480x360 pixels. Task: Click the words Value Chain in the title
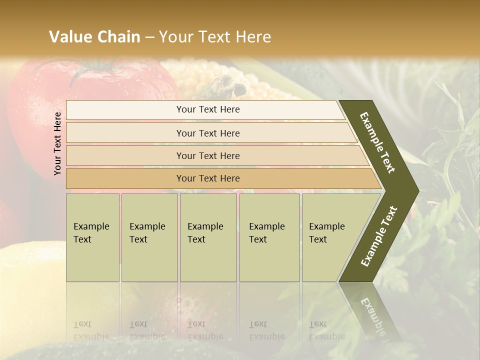(x=94, y=36)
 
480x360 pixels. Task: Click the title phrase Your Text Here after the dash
(x=215, y=36)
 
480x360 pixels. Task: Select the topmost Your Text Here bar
(x=207, y=109)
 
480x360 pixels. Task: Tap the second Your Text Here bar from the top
(x=207, y=133)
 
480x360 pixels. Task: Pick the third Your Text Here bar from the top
(x=207, y=155)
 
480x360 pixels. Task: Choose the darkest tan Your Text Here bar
(x=207, y=178)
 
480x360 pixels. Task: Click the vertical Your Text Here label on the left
(x=57, y=143)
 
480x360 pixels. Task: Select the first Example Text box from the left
(x=92, y=237)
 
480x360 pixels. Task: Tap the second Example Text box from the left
(x=149, y=237)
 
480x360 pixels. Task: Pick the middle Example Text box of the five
(x=208, y=237)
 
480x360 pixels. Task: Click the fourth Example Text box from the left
(x=269, y=237)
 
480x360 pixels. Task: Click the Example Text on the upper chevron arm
(x=378, y=142)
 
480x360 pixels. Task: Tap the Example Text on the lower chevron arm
(x=379, y=236)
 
